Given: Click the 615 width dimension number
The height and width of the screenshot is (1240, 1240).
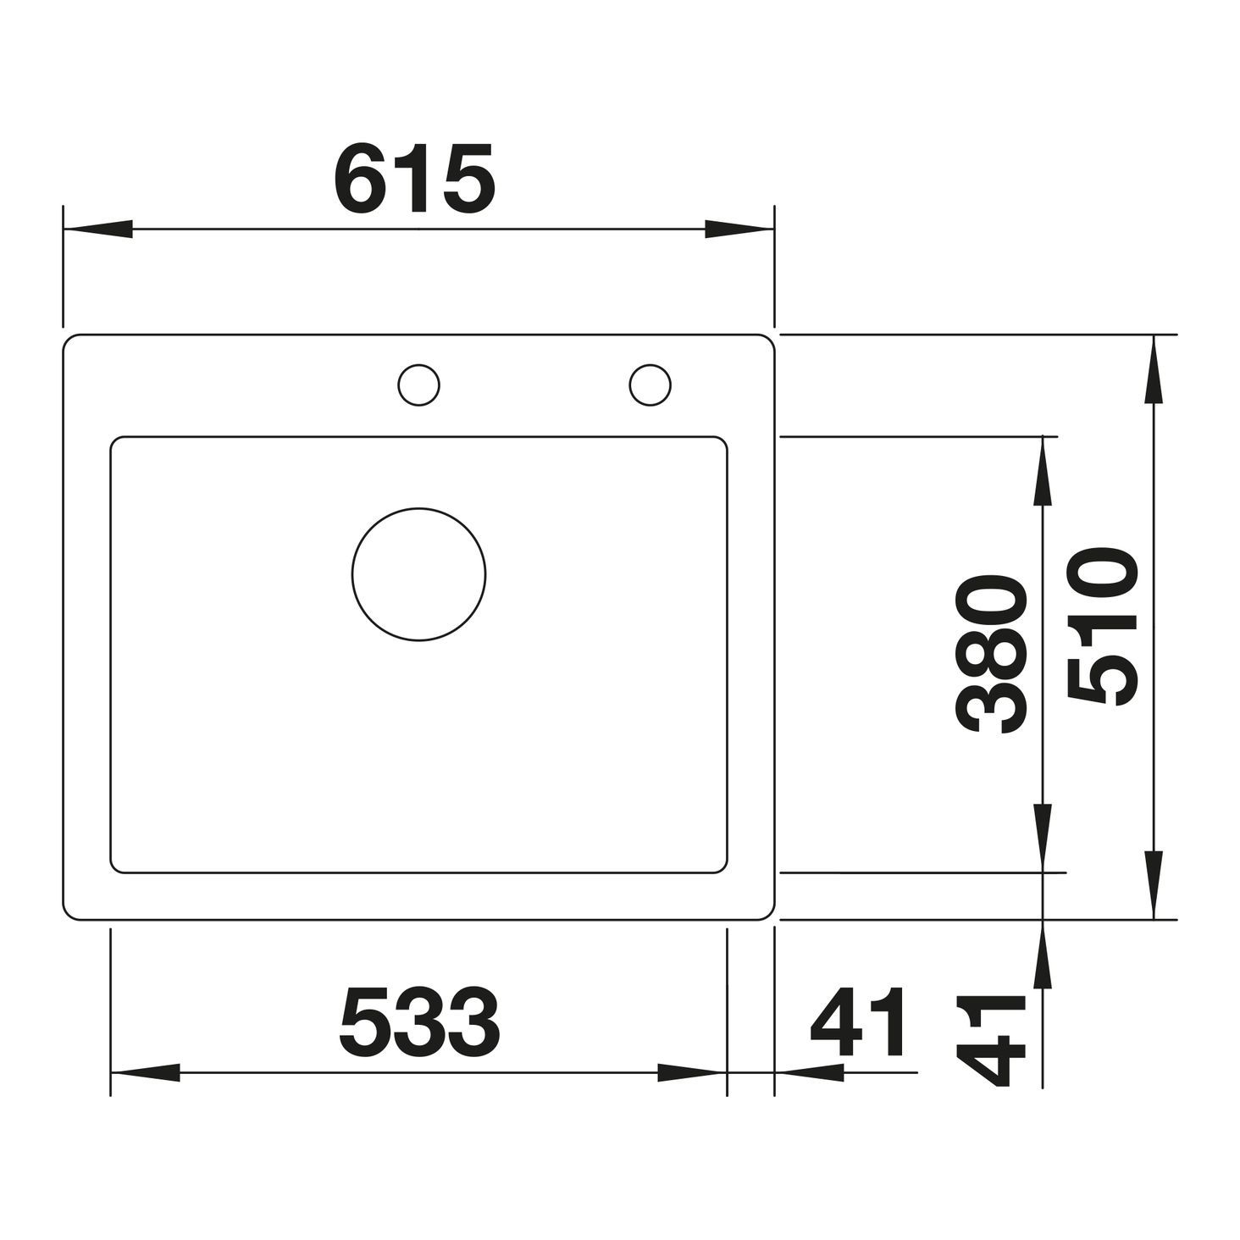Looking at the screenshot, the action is [x=415, y=178].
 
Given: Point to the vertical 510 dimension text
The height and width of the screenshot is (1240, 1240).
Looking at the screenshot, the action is [x=1103, y=628].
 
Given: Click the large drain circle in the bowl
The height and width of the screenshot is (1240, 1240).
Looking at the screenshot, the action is [x=419, y=574].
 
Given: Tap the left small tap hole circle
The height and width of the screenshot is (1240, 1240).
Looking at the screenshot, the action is [x=419, y=385].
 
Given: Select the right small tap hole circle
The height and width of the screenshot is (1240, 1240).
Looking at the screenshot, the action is [x=650, y=385].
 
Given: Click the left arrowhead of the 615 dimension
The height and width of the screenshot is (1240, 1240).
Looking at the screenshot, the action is [x=97, y=229].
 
